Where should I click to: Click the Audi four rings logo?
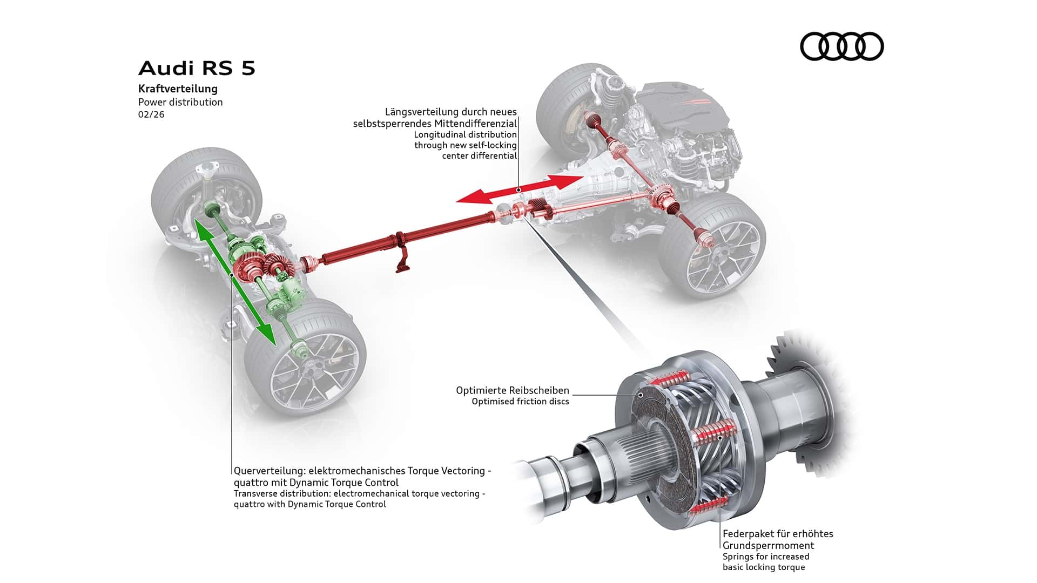841,46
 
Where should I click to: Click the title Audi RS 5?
197,69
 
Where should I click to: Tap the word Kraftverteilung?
178,89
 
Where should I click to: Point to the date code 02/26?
151,114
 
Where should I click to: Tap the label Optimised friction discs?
520,402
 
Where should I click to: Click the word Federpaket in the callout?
746,534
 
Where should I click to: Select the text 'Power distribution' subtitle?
180,102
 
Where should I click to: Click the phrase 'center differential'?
480,156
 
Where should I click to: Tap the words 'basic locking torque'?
764,567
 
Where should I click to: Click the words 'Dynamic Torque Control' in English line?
336,504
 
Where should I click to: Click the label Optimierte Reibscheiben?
512,390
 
